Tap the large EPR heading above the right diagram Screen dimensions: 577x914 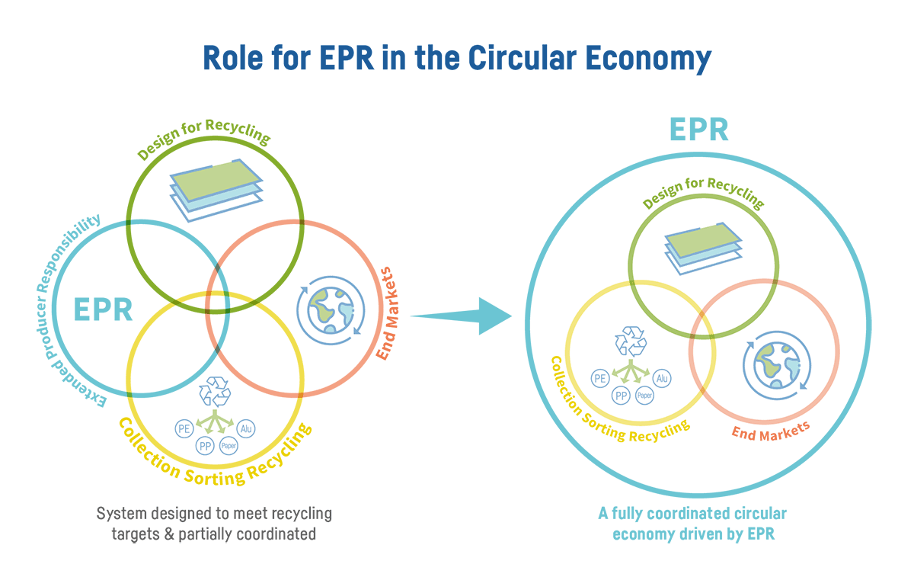(698, 130)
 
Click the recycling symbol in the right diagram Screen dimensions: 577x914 (631, 341)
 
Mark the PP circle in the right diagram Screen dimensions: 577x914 (621, 395)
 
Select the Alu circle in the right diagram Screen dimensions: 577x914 (662, 378)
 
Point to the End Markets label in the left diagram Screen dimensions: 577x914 (388, 313)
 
